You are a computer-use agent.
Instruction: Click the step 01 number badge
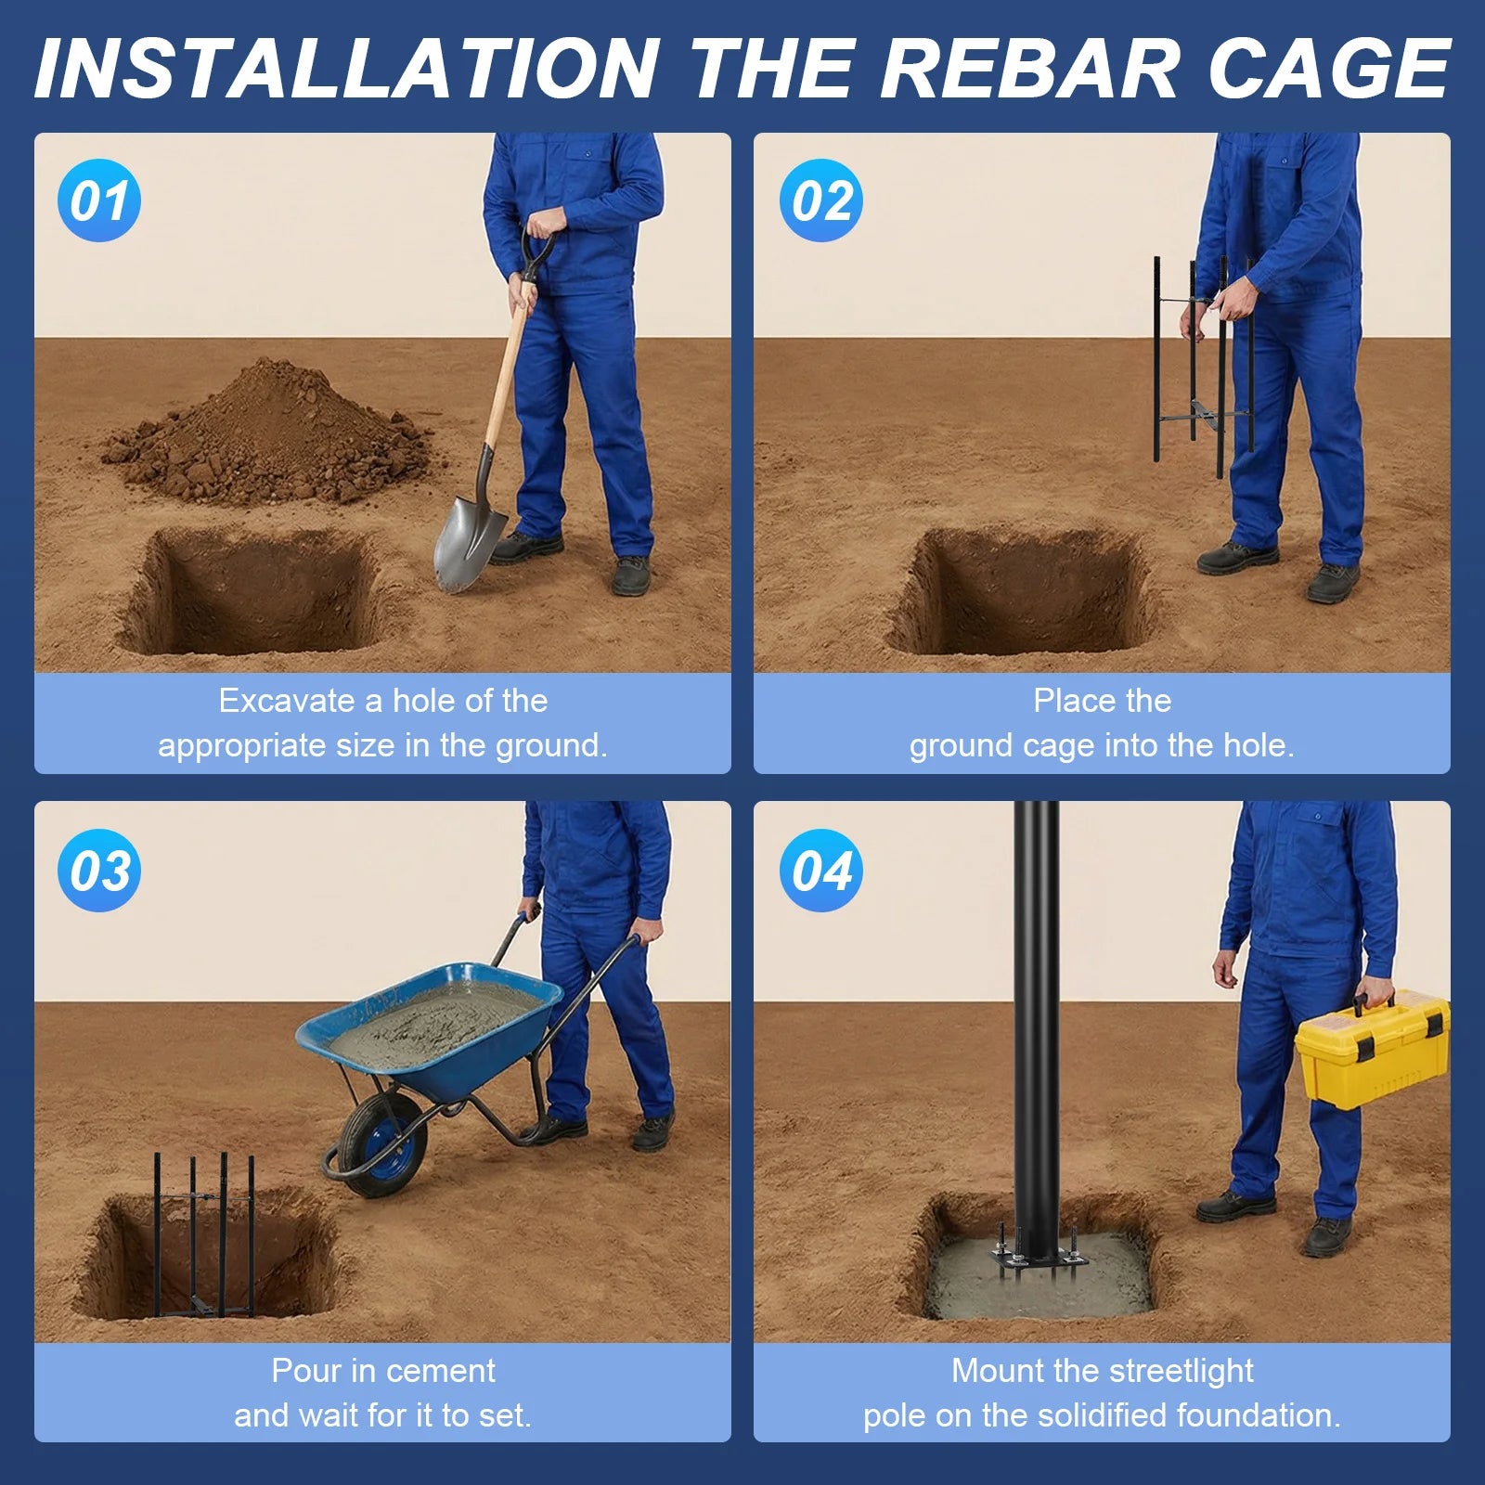coord(99,200)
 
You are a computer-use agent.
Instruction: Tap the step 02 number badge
coord(821,200)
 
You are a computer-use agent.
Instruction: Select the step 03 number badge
coord(99,871)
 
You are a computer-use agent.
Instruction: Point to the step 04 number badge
coord(821,871)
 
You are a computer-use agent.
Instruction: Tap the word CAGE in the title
coord(1329,69)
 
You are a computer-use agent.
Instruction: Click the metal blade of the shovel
coord(469,542)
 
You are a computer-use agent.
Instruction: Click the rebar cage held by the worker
coord(1204,362)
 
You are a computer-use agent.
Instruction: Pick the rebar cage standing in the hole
coord(204,1235)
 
